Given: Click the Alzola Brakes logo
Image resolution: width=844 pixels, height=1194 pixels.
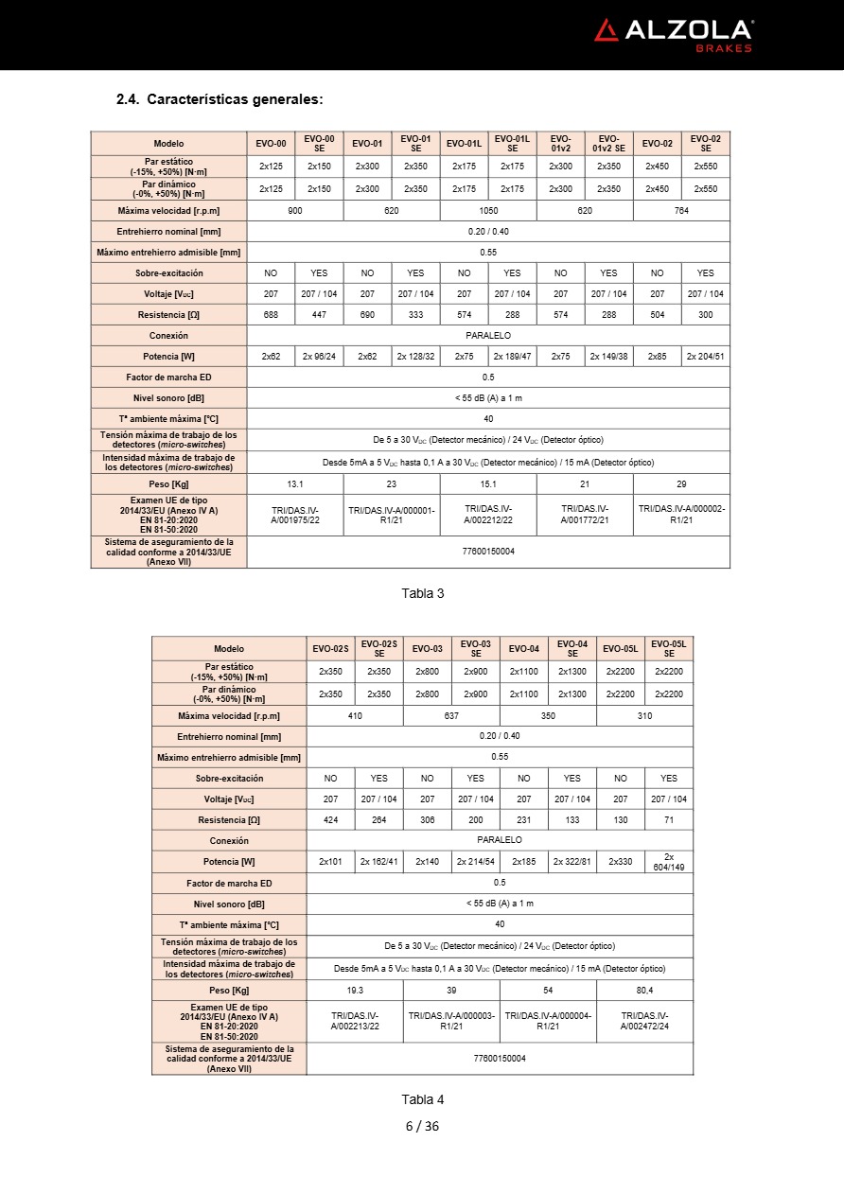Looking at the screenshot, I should coord(673,34).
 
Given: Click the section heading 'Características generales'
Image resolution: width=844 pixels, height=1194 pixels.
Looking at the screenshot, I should coord(220,99).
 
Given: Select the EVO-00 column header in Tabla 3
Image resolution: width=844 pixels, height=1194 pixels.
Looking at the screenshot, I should coord(271,144).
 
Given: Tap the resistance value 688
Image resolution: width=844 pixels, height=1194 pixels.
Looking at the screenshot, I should coord(271,315).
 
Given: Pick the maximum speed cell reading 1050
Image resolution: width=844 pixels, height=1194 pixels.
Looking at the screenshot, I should coord(488,211).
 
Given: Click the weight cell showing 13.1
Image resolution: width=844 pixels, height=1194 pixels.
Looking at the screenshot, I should coord(294,483).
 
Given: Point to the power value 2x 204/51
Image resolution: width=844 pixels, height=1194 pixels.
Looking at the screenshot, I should coord(706,357).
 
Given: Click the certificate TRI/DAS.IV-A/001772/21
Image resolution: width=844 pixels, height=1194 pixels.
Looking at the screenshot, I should coord(585,515).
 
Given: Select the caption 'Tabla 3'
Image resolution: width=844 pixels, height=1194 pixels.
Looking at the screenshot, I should coord(422,593).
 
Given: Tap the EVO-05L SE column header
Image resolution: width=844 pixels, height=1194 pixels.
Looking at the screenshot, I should coord(669,648).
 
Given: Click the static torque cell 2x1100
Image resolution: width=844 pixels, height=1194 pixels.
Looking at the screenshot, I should coord(524,671).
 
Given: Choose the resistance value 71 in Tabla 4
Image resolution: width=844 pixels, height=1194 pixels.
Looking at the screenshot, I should coord(669,820).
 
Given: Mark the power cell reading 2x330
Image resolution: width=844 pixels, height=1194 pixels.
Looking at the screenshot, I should coord(621,862).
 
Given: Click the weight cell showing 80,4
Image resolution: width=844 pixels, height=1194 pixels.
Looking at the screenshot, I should coord(644,990).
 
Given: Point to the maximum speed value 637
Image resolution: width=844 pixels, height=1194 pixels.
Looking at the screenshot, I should coord(451,716).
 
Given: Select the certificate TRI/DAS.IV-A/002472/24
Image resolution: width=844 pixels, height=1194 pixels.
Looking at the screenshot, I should coord(644,1021).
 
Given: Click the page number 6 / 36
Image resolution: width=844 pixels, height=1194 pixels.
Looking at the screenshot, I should coord(422,1126).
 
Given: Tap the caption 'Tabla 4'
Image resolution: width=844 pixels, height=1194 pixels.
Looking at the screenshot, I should coord(422,1099).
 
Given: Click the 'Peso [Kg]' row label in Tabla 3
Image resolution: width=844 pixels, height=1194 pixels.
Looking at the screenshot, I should coord(168,483).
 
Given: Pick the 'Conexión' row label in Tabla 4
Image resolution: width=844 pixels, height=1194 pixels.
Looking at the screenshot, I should coord(229,840).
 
